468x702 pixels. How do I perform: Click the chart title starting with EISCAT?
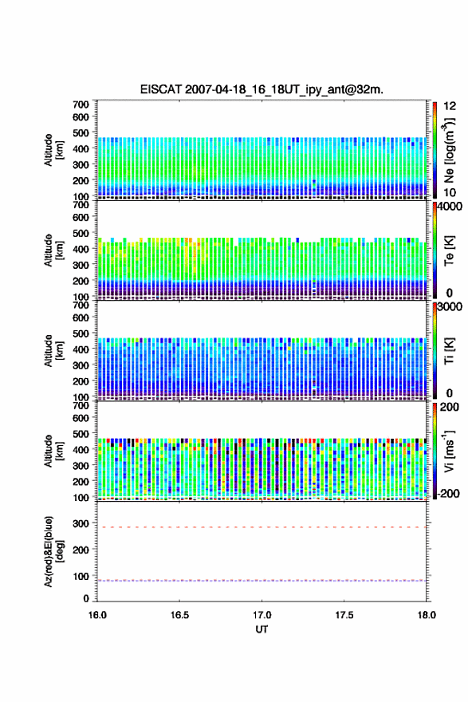click(262, 89)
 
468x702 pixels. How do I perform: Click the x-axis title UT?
click(262, 629)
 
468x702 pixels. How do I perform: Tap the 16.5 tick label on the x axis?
click(179, 615)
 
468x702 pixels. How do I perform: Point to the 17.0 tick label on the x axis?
click(262, 615)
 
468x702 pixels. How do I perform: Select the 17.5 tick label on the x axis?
click(344, 615)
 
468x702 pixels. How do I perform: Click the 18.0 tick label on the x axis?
click(427, 615)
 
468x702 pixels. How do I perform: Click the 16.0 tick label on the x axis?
click(97, 615)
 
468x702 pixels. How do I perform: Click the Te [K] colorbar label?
click(449, 250)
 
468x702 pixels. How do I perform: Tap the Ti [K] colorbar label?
click(449, 350)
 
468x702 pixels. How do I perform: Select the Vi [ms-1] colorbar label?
click(449, 451)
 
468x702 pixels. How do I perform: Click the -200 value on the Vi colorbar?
click(446, 493)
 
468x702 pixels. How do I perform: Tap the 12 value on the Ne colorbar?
click(450, 106)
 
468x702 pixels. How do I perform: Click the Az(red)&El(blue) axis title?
click(53, 551)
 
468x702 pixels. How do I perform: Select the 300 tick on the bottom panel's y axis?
click(81, 523)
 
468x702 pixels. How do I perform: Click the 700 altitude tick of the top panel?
click(81, 105)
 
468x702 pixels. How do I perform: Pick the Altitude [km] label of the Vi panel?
click(53, 451)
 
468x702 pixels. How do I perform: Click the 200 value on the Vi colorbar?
click(449, 407)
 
